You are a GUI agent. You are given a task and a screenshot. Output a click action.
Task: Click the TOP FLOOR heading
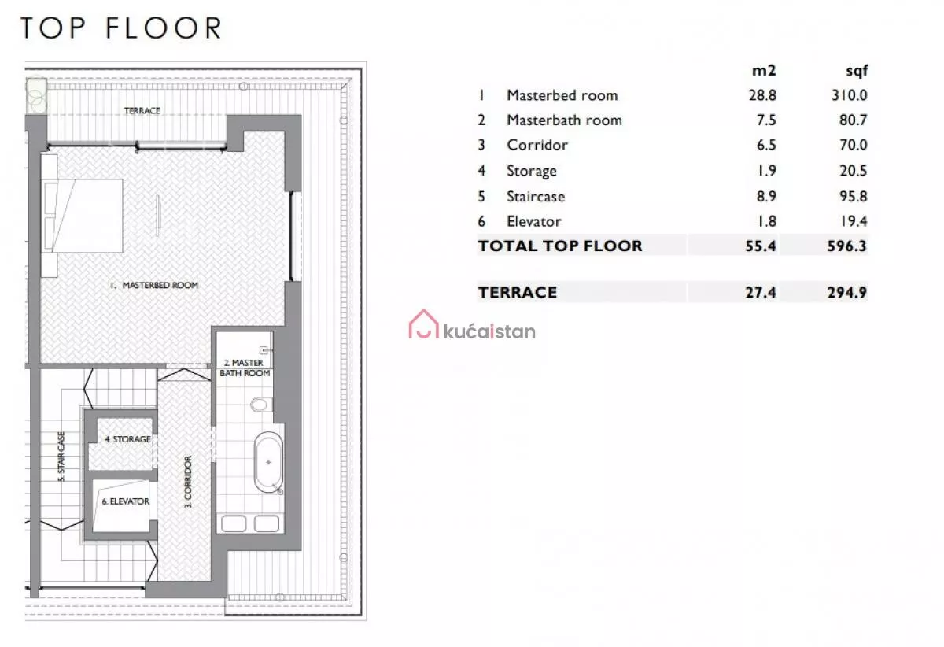[121, 28]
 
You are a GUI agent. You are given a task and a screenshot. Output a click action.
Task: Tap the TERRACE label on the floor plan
[142, 110]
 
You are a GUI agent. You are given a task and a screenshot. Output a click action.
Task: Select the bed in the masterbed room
[82, 216]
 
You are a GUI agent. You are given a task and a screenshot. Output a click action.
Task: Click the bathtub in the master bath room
[268, 462]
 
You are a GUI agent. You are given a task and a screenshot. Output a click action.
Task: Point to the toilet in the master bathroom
[261, 405]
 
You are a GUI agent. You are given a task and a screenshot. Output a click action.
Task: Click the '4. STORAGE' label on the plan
[127, 439]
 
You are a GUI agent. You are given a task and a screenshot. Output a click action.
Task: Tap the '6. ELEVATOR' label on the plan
[126, 501]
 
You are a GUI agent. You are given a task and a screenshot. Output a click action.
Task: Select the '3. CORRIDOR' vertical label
[188, 482]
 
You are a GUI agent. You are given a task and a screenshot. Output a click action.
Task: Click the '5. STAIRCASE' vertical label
[61, 457]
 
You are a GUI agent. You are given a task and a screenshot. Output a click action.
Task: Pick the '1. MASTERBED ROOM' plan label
[154, 285]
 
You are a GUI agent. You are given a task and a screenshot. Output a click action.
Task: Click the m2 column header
[764, 71]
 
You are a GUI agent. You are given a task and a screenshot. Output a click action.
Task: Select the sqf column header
[857, 71]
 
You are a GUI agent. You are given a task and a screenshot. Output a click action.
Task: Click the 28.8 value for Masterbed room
[762, 95]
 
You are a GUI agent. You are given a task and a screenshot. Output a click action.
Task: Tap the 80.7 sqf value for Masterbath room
[853, 120]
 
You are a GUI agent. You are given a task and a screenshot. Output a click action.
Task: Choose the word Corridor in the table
[537, 145]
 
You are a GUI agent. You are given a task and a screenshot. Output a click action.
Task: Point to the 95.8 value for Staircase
[853, 196]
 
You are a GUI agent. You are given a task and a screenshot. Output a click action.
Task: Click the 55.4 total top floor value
[760, 246]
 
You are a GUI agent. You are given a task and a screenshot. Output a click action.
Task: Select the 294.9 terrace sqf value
[847, 292]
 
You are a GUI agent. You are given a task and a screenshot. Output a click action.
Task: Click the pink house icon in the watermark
[423, 324]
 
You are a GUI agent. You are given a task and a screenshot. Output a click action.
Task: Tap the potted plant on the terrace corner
[36, 95]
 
